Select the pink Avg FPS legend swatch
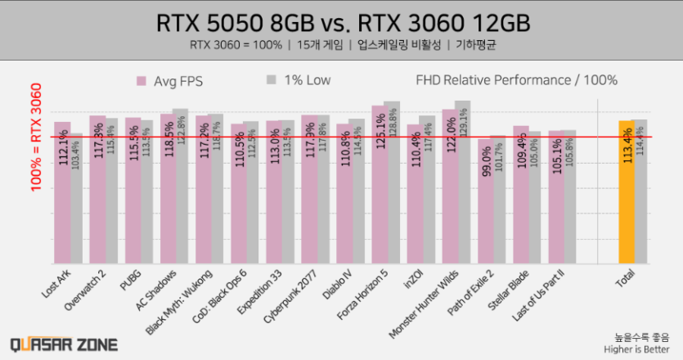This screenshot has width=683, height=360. pos(140,81)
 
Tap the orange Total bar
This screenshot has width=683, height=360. pos(626,192)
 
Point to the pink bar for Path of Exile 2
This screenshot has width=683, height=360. pos(485,200)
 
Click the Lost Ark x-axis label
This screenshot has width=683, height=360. pos(57,283)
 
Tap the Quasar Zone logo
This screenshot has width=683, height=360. pos(64,344)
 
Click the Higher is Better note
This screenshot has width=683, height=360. pos(642,349)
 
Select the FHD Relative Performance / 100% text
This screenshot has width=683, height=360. pos(516,80)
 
